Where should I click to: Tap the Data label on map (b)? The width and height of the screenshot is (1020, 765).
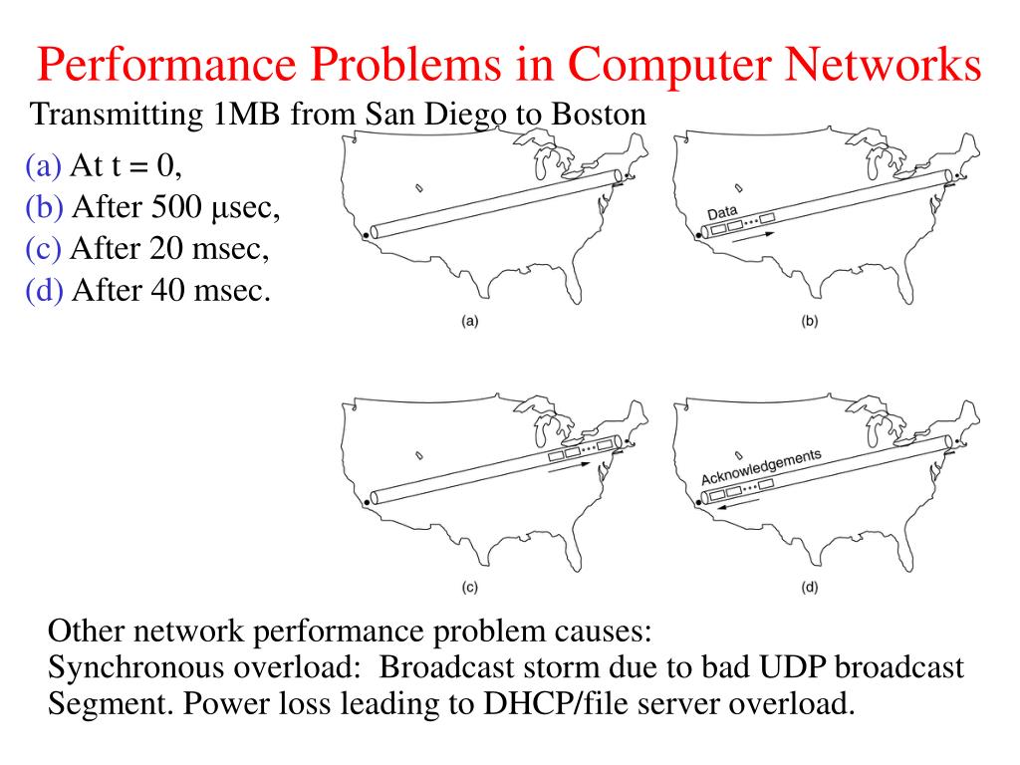722,213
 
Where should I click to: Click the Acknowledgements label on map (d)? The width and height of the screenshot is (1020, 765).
761,466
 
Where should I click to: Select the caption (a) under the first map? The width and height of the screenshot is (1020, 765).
469,322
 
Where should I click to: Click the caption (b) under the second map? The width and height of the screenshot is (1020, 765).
809,322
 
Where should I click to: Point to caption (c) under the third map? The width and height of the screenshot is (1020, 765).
469,588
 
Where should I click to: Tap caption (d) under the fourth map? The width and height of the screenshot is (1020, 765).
809,588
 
